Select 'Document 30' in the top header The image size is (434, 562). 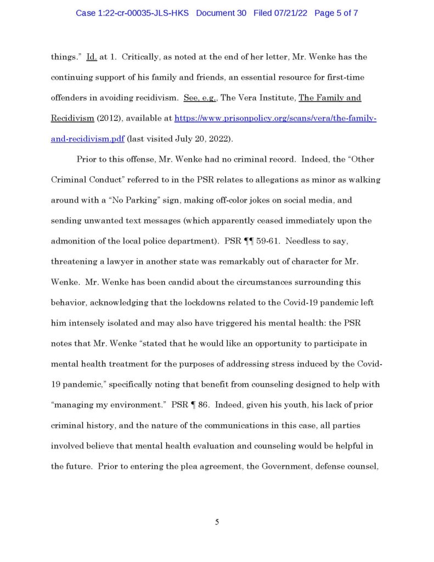(222, 12)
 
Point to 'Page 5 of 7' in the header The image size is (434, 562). (336, 12)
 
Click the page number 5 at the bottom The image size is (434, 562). (217, 522)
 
